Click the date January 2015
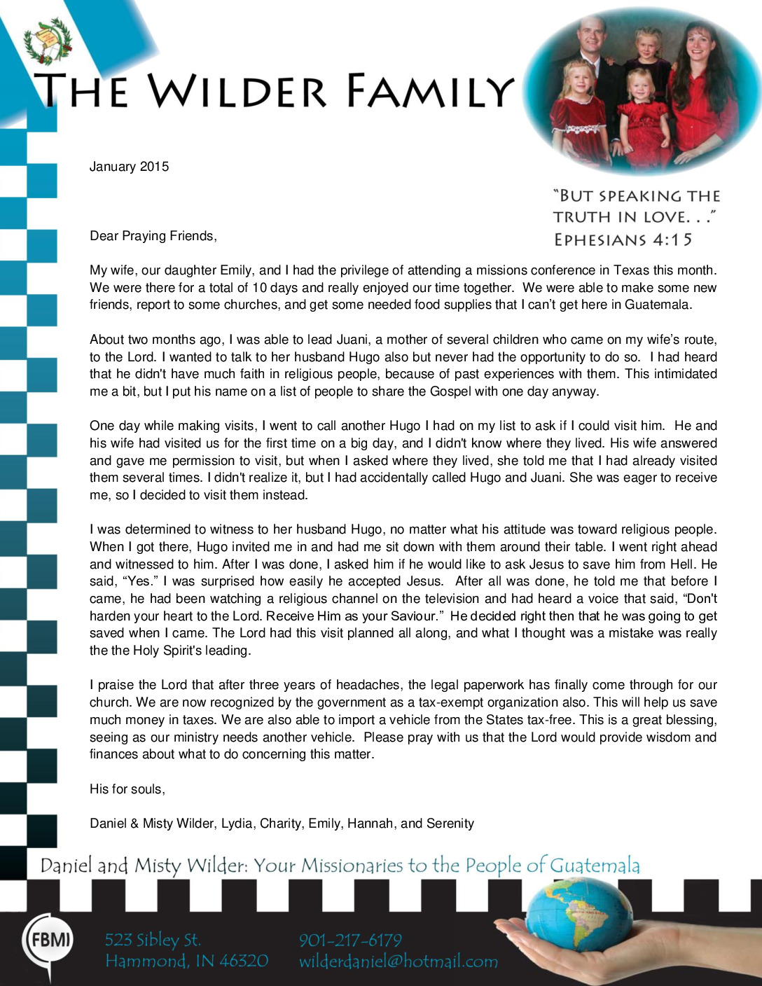pos(129,167)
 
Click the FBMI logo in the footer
pos(48,940)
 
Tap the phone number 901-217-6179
pos(350,940)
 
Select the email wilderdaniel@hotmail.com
pos(398,961)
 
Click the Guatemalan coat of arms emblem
pos(48,41)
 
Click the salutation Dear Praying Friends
pos(153,236)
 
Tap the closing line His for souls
pos(127,789)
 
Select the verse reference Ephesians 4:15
pos(623,240)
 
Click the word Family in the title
pos(429,91)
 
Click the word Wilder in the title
pos(237,91)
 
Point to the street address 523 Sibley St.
pos(153,940)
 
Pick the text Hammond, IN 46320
pos(186,961)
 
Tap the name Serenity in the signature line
pos(450,824)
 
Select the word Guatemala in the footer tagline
pos(595,866)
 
